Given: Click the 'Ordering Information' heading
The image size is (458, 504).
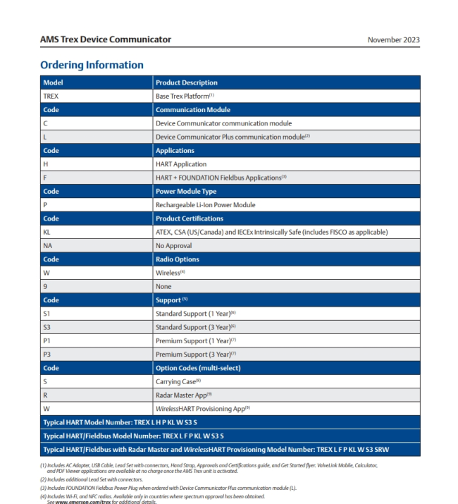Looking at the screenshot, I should tap(92, 65).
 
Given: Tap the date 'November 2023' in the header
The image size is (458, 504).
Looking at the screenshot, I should tap(393, 39).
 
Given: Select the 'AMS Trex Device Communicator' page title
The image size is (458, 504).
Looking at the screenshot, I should tap(106, 39).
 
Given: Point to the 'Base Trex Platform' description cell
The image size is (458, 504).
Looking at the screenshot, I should tap(185, 96).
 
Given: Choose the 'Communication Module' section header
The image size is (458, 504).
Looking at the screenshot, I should tap(192, 110).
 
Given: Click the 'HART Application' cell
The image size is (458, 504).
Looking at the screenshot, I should tap(181, 164).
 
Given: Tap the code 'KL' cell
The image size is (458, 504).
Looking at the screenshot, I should tap(47, 232).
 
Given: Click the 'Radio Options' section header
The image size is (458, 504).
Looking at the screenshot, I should tap(178, 259).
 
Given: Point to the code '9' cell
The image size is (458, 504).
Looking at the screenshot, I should tap(45, 287).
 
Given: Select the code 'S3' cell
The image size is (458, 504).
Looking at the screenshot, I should tap(47, 327).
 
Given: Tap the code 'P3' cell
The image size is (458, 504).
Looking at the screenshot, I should tap(47, 355).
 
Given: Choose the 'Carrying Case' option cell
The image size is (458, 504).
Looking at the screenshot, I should tap(178, 381).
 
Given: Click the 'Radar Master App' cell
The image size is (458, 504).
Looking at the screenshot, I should tap(184, 395).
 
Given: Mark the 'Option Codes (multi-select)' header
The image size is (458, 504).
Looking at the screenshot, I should tap(198, 368).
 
